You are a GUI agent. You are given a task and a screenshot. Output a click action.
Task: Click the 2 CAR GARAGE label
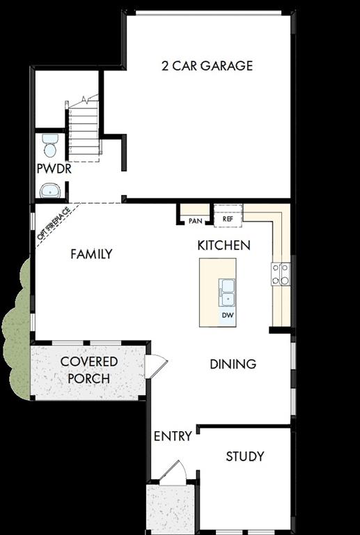pos(207,66)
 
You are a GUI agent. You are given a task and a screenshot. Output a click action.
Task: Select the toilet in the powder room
pos(49,145)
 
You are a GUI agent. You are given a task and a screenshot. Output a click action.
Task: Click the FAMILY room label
pos(91,254)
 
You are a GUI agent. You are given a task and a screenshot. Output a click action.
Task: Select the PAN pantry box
pos(195,220)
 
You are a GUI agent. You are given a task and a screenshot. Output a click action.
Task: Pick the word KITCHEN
pos(224,245)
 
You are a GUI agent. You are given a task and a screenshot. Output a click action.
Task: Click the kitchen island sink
pos(227,291)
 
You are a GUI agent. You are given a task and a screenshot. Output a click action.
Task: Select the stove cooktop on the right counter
pos(281,274)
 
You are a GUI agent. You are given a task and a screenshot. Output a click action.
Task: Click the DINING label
pos(233,364)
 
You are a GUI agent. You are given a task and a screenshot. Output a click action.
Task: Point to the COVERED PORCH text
pos(89,371)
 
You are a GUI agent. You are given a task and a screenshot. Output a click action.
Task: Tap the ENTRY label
pos(173,436)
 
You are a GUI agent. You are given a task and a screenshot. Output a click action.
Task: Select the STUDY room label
pos(245,456)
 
